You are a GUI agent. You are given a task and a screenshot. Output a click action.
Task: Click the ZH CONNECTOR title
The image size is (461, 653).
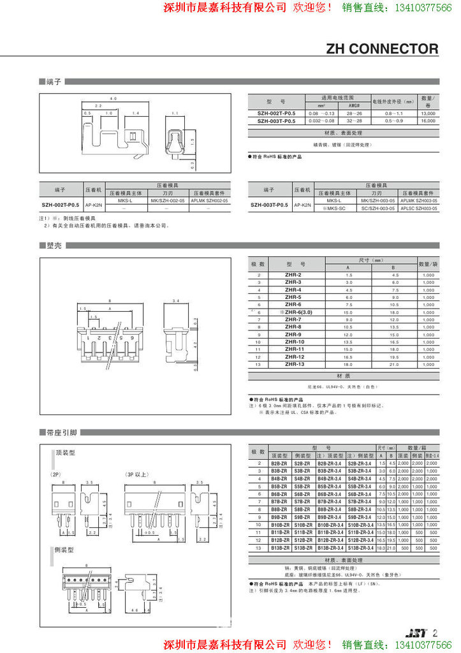point(382,49)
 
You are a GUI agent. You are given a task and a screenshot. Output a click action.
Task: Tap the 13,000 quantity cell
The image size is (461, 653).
point(428,112)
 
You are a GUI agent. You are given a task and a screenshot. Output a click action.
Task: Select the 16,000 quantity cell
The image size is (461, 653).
point(428,120)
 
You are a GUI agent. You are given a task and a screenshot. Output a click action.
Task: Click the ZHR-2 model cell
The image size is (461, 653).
point(293,275)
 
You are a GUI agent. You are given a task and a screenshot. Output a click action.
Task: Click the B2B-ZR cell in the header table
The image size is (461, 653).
point(279,464)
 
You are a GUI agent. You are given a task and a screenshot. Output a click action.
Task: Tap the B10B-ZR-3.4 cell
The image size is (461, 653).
point(330,525)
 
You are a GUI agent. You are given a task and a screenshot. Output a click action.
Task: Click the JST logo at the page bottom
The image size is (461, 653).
point(416,633)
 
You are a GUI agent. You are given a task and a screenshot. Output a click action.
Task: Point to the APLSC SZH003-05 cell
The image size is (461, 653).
point(418,209)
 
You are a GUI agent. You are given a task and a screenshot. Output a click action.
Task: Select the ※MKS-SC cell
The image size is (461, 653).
point(333,209)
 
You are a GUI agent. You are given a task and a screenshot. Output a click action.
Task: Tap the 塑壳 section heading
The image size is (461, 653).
point(54,246)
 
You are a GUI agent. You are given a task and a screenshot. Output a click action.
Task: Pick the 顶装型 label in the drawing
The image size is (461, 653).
point(66,452)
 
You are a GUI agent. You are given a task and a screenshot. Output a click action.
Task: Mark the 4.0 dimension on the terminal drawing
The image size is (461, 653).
point(113,99)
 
